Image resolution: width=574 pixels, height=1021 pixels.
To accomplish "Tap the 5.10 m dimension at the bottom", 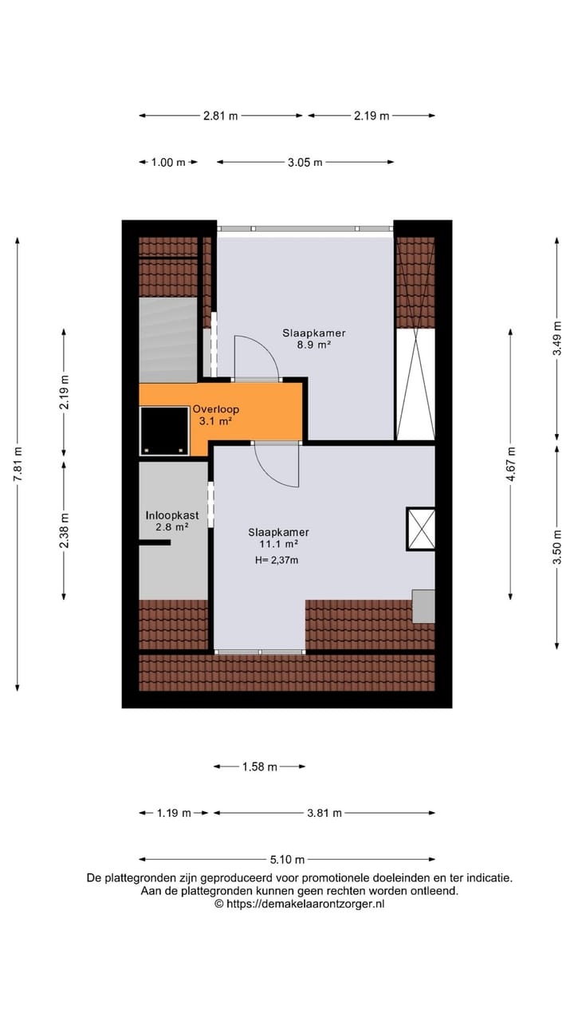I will (287, 859).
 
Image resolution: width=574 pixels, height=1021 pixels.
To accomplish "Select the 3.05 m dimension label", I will (305, 163).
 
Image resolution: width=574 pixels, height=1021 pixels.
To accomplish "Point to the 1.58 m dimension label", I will (259, 767).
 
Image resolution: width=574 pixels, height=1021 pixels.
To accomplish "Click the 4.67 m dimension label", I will (511, 463).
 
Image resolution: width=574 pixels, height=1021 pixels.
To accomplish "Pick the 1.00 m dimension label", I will (167, 163).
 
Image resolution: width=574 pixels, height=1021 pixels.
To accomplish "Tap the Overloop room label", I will (215, 410).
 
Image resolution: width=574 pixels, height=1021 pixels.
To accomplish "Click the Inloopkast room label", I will (171, 515).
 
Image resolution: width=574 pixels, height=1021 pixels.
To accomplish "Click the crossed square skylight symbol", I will (420, 529).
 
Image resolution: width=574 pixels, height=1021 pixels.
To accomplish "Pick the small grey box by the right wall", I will (423, 606).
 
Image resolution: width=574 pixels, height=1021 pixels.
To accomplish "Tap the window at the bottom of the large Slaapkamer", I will (260, 652).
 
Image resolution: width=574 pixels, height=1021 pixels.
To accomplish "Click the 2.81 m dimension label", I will (221, 116).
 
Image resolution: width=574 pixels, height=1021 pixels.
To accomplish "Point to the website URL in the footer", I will (299, 904).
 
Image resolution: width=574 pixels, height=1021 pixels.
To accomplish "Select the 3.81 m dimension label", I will (324, 813).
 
